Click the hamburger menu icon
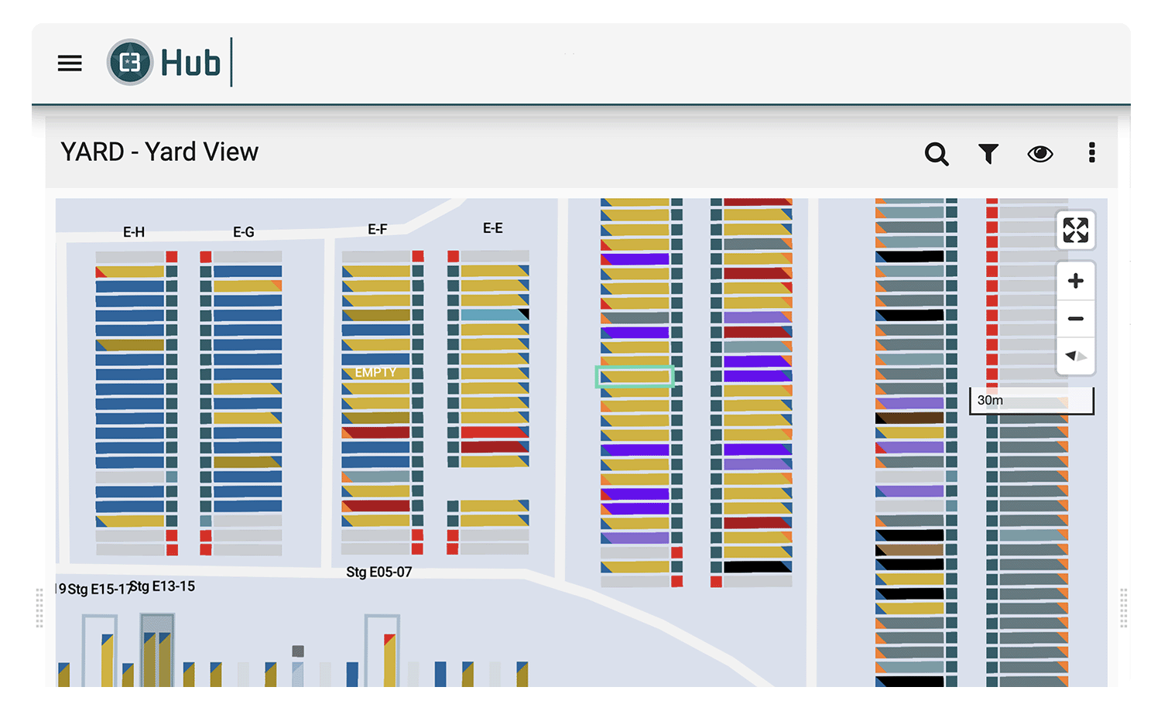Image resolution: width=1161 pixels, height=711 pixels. [x=70, y=63]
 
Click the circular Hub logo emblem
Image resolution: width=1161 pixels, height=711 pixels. [x=129, y=62]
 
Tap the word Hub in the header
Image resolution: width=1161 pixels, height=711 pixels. [x=190, y=63]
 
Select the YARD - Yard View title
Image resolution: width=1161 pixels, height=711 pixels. [x=159, y=152]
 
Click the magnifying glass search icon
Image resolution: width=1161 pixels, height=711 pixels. [x=937, y=154]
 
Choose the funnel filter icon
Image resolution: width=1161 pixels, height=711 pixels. [x=988, y=153]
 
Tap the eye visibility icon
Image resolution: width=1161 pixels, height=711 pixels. [x=1039, y=154]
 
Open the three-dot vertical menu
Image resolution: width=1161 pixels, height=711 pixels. [x=1091, y=153]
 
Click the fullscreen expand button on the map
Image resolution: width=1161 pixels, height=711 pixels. [x=1076, y=230]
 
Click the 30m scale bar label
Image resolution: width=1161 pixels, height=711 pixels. [x=989, y=400]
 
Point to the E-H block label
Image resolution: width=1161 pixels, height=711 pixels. [x=134, y=232]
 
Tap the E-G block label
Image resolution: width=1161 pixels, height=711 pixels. [x=244, y=232]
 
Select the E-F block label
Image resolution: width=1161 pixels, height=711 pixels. [x=378, y=229]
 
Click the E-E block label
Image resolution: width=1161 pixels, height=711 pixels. [x=492, y=228]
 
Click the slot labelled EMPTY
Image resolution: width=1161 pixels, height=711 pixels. [x=375, y=373]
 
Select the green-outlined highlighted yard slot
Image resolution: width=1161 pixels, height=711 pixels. [x=635, y=377]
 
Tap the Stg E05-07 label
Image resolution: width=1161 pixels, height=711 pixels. [x=379, y=572]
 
